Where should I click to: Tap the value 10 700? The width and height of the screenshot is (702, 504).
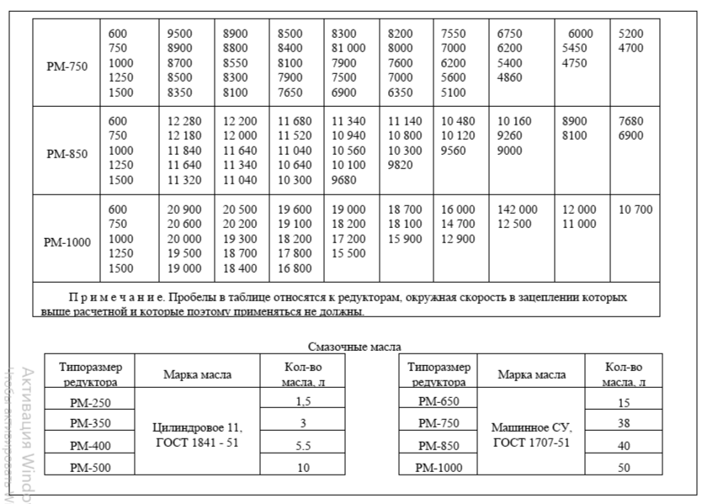click(x=636, y=210)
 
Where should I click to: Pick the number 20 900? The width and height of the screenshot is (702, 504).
click(x=184, y=210)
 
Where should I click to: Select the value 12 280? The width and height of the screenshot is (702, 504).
click(x=184, y=121)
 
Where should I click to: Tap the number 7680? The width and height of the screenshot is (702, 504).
click(x=630, y=121)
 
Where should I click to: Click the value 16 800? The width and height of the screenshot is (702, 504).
click(x=295, y=269)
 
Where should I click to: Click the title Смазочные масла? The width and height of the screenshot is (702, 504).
click(x=355, y=347)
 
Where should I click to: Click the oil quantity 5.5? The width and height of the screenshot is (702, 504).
click(x=303, y=446)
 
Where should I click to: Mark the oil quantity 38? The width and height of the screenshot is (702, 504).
click(x=624, y=424)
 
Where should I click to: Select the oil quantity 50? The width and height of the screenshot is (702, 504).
click(x=624, y=468)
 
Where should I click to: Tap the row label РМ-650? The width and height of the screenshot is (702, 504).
click(x=438, y=401)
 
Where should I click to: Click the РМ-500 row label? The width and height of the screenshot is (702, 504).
click(x=90, y=468)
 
